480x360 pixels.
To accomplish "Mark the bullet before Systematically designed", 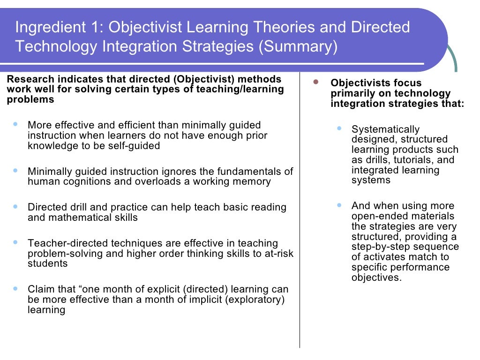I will pyautogui.click(x=340, y=127).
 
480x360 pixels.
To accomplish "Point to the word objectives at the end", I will pyautogui.click(x=376, y=277).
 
